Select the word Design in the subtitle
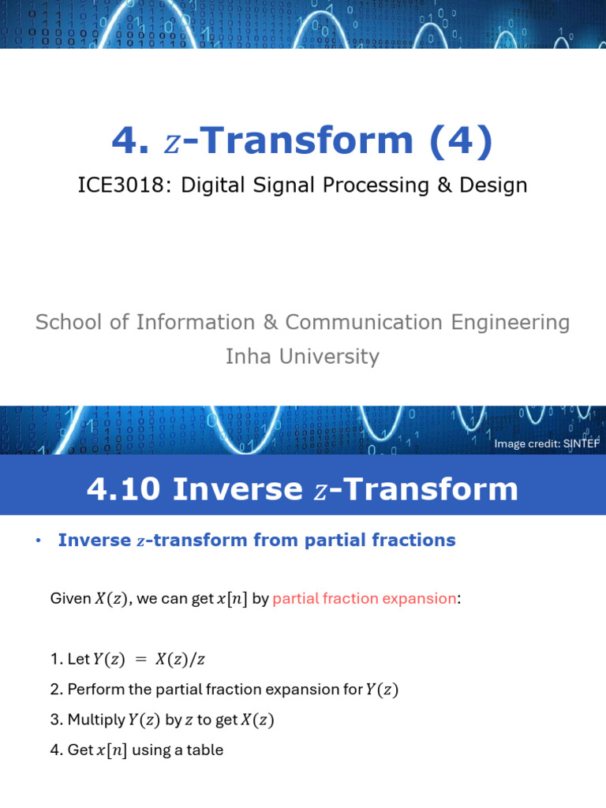(494, 185)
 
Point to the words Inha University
(302, 357)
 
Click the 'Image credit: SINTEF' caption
(547, 443)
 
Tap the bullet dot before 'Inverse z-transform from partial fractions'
(37, 541)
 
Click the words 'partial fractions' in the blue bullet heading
(391, 541)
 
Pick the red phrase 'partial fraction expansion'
(364, 599)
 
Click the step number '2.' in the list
(57, 690)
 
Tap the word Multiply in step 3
(96, 720)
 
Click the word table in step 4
(205, 750)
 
